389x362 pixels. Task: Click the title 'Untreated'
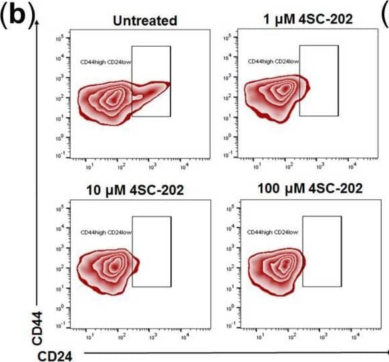pos(145,21)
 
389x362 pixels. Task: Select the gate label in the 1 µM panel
pos(273,61)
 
